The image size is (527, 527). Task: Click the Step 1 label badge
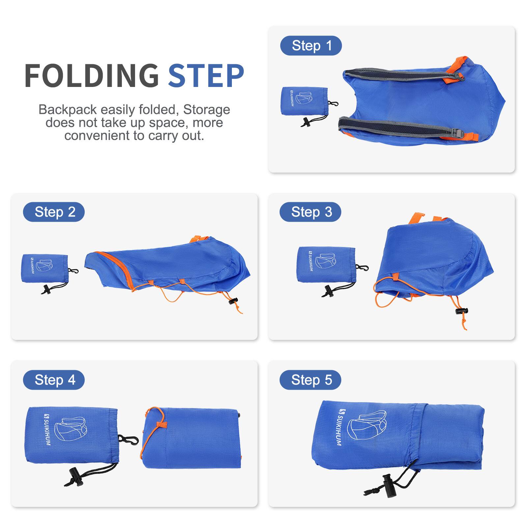point(311,45)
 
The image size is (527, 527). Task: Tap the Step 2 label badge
point(54,212)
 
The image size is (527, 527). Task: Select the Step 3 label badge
point(310,212)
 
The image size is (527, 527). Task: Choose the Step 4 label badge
point(54,380)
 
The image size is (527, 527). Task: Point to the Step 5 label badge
point(310,380)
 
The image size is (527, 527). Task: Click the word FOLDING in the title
point(92,76)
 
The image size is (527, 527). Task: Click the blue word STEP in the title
point(206,76)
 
